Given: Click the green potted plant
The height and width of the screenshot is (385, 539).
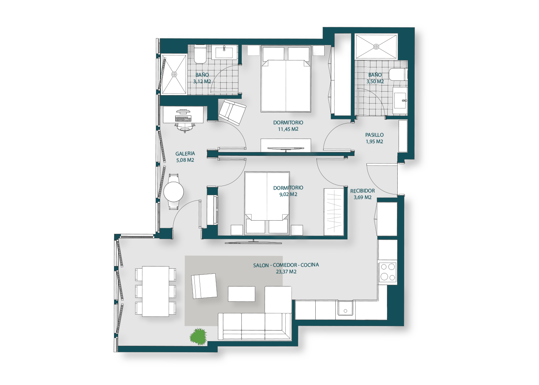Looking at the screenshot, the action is point(198,336).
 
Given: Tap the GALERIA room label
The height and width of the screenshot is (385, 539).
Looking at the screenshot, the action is point(185,154).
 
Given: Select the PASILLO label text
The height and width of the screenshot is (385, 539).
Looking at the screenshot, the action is point(374,135).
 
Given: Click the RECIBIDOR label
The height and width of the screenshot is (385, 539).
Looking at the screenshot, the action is point(362,191).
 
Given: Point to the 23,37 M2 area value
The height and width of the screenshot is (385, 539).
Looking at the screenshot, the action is point(286,272).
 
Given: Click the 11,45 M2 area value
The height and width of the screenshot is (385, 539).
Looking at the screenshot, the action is point(288,129).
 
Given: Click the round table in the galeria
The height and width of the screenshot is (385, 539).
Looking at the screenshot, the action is point(174,192).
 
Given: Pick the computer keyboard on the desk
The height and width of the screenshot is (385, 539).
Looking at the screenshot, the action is point(183,119).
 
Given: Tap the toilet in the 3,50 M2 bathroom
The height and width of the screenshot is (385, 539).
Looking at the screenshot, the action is point(398,75).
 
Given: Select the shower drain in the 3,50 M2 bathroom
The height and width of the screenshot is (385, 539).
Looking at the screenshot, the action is point(376,47).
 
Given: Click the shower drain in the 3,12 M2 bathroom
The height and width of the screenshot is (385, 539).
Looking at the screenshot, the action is point(174,74).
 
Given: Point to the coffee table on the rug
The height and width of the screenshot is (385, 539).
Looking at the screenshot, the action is point(241,294).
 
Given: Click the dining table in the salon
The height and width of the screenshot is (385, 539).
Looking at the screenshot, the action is point(156,291).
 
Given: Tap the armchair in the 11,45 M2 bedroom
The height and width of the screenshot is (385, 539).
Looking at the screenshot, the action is point(232,112).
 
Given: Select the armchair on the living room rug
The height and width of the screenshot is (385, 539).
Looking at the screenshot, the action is point(204,286).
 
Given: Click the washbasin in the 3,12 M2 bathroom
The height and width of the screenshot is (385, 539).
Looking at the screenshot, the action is point(224,53).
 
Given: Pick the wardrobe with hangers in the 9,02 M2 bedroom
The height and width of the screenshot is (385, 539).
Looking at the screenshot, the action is point(333,212).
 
